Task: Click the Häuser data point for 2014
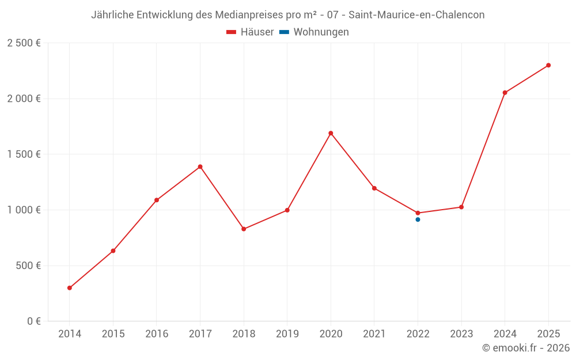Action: pyautogui.click(x=70, y=288)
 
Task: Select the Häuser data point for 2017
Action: pyautogui.click(x=200, y=167)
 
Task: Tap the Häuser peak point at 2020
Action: pyautogui.click(x=331, y=133)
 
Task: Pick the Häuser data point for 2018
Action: pyautogui.click(x=244, y=229)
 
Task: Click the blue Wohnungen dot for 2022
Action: pyautogui.click(x=418, y=219)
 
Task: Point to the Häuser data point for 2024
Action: pyautogui.click(x=505, y=93)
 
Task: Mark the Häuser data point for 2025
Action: pyautogui.click(x=548, y=65)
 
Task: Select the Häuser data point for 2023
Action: pyautogui.click(x=461, y=207)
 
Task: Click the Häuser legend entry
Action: pyautogui.click(x=251, y=32)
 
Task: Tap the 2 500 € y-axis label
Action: pyautogui.click(x=24, y=43)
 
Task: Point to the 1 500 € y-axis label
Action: pyautogui.click(x=24, y=154)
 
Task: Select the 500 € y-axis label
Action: pyautogui.click(x=27, y=266)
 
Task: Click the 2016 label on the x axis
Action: pyautogui.click(x=157, y=334)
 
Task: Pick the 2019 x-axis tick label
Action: pyautogui.click(x=287, y=334)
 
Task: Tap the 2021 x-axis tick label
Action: pyautogui.click(x=374, y=334)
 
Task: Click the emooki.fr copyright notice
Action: pyautogui.click(x=526, y=348)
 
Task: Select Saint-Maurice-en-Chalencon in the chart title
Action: pyautogui.click(x=416, y=15)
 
